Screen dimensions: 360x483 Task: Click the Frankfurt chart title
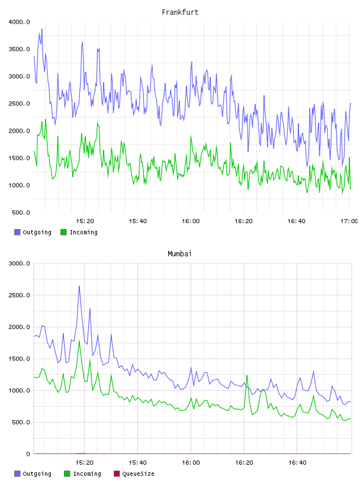tap(180, 12)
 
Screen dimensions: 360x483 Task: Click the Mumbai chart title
tap(179, 254)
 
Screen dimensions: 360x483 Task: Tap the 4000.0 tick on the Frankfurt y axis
tap(19, 22)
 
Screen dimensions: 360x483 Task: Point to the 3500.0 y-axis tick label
tap(19, 49)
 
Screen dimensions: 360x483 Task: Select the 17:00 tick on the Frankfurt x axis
tap(349, 221)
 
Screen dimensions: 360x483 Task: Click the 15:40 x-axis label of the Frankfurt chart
tap(137, 221)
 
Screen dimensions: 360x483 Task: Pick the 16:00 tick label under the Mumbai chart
tap(191, 463)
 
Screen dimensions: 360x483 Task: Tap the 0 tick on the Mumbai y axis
tap(28, 454)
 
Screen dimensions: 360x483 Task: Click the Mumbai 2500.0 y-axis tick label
tap(19, 295)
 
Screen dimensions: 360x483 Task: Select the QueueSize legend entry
tap(138, 474)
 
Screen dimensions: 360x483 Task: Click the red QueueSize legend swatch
tap(117, 474)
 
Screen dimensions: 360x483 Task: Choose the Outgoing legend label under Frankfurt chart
tap(37, 232)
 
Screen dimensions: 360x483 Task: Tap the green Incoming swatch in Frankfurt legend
tap(63, 232)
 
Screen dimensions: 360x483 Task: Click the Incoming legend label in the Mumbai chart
tap(87, 474)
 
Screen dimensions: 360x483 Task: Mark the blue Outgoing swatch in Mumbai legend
tap(17, 474)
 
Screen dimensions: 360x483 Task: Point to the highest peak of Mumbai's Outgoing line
tap(79, 286)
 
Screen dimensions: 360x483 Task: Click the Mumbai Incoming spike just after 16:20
tap(247, 375)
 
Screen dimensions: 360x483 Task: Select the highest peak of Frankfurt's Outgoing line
tap(42, 29)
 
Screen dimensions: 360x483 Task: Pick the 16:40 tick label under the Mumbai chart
tap(297, 463)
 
